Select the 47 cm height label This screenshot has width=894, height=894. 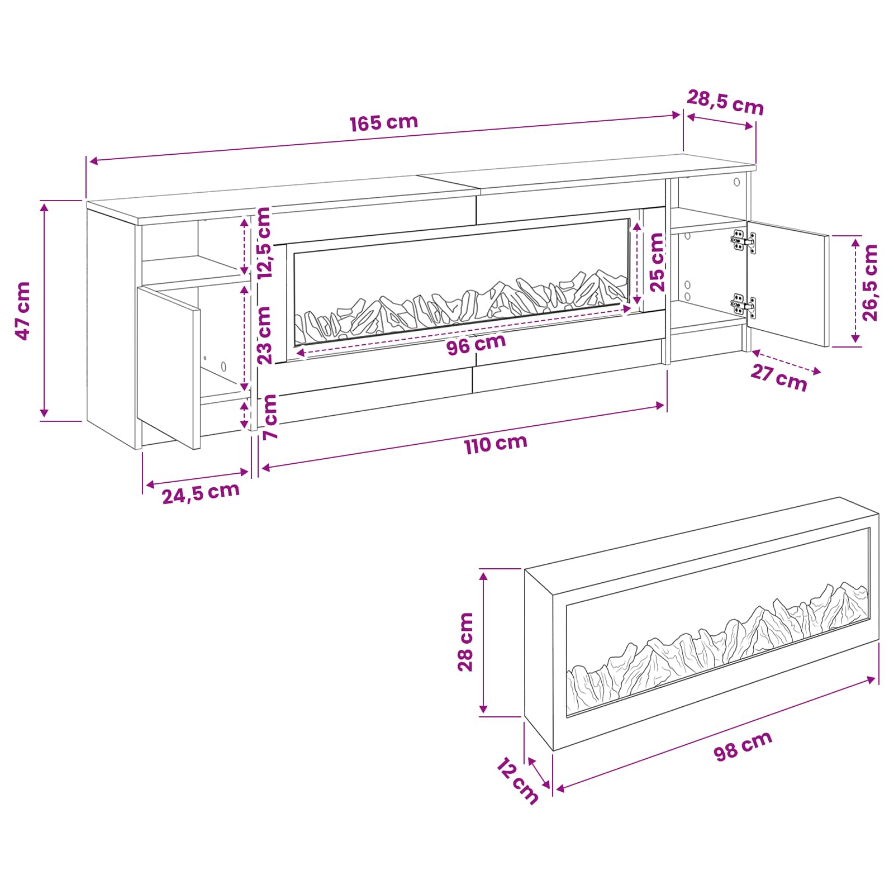click(23, 311)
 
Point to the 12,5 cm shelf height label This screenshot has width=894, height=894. click(263, 243)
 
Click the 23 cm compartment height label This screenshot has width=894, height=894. click(264, 335)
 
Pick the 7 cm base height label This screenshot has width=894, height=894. click(270, 417)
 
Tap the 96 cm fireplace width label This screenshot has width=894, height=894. click(476, 344)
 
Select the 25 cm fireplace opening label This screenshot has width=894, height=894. click(657, 262)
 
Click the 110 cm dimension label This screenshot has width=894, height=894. click(496, 444)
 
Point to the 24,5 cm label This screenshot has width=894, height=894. click(201, 493)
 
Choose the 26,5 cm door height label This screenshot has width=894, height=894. click(870, 282)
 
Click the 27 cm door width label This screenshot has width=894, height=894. click(778, 378)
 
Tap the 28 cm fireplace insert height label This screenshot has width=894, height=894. click(465, 641)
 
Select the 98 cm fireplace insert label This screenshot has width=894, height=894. click(743, 745)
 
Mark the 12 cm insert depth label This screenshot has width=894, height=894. click(517, 781)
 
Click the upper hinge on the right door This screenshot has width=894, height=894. click(743, 242)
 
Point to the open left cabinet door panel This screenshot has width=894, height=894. click(169, 368)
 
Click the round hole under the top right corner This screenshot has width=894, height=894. click(736, 182)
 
